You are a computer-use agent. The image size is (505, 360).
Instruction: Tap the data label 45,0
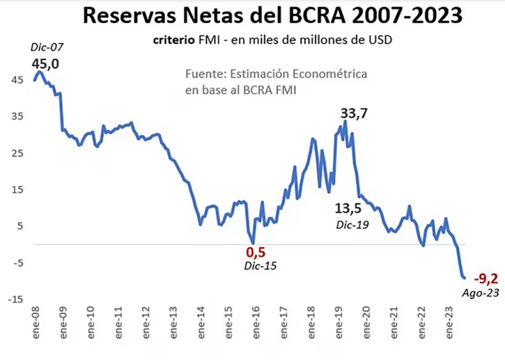(45, 64)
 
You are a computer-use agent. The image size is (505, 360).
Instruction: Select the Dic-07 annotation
(47, 48)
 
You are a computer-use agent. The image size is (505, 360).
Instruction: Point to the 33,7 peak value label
(354, 114)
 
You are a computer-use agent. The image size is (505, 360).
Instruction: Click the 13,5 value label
(348, 208)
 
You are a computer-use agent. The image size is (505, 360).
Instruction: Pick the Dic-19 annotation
(352, 225)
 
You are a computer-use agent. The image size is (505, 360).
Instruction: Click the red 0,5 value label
(255, 253)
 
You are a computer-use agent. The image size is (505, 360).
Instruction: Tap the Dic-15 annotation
(260, 266)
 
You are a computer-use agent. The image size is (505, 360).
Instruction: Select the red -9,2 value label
(486, 278)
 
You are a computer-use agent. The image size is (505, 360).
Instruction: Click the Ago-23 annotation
(480, 293)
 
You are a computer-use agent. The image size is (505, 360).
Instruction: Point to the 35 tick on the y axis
(17, 116)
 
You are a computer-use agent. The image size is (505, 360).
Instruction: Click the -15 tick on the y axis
(15, 299)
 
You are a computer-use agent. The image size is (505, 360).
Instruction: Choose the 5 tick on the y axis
(21, 226)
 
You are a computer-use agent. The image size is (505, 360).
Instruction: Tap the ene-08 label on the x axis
(35, 322)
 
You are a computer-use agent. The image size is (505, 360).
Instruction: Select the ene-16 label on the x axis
(256, 322)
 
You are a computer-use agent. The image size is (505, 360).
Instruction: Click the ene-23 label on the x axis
(449, 322)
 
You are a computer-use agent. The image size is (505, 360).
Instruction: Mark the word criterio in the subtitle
(174, 40)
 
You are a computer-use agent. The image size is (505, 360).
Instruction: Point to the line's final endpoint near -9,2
(465, 278)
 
